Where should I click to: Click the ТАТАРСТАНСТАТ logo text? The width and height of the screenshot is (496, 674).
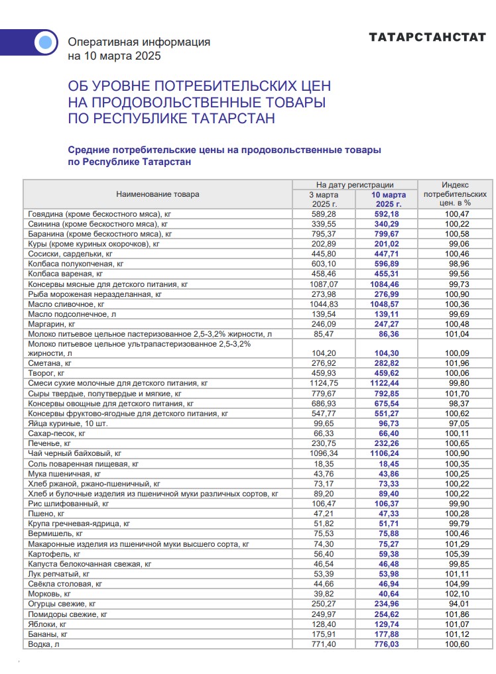pyautogui.click(x=428, y=38)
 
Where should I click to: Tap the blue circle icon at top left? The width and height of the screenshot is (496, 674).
pyautogui.click(x=45, y=43)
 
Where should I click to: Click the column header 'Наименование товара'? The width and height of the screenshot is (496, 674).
pyautogui.click(x=158, y=194)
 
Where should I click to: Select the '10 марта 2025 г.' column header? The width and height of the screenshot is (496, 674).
pyautogui.click(x=388, y=199)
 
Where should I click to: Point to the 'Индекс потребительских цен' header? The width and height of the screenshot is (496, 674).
pyautogui.click(x=456, y=194)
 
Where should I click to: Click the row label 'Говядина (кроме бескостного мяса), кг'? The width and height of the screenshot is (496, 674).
pyautogui.click(x=100, y=214)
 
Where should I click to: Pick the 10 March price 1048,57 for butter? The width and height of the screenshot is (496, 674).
pyautogui.click(x=388, y=304)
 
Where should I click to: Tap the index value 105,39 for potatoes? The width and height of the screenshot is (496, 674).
pyautogui.click(x=456, y=554)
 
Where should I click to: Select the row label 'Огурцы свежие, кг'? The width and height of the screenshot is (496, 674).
pyautogui.click(x=62, y=604)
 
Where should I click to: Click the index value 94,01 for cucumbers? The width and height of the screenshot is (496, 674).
pyautogui.click(x=456, y=604)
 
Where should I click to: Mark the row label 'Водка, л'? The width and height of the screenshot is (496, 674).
pyautogui.click(x=44, y=644)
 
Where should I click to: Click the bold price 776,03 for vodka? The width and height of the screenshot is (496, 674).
pyautogui.click(x=388, y=644)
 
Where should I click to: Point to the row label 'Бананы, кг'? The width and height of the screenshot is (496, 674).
pyautogui.click(x=48, y=634)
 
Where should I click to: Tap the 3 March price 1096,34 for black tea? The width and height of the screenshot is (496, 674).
pyautogui.click(x=324, y=453)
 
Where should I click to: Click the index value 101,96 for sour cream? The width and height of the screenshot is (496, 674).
pyautogui.click(x=456, y=363)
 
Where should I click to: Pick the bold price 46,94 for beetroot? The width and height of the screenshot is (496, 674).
pyautogui.click(x=388, y=584)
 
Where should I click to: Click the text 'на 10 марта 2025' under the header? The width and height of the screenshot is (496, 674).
pyautogui.click(x=115, y=56)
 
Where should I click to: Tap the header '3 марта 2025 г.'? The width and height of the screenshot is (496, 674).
pyautogui.click(x=324, y=199)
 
